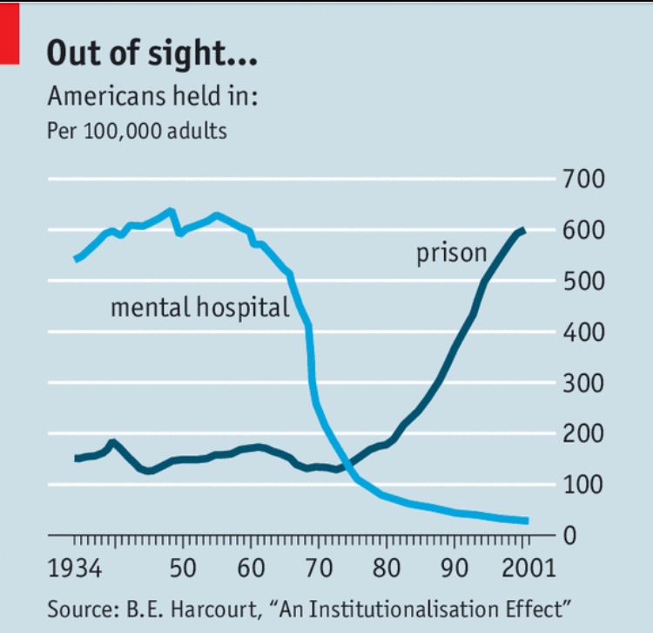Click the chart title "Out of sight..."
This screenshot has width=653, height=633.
(x=151, y=53)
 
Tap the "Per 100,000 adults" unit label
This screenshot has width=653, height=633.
(x=137, y=132)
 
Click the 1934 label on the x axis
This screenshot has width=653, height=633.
(x=75, y=570)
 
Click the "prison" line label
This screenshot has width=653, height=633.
(x=451, y=254)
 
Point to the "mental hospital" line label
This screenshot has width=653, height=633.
(x=199, y=307)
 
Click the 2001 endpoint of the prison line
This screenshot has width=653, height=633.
(x=523, y=230)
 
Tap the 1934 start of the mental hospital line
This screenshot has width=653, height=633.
(x=76, y=260)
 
